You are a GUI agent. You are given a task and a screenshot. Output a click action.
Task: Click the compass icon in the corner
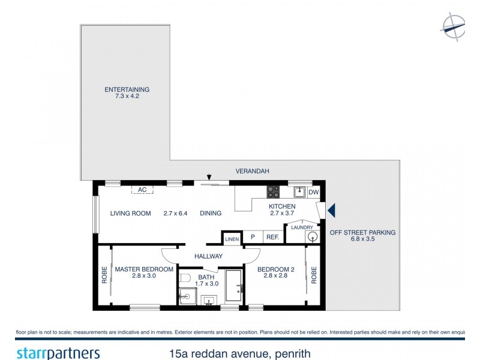tap(453, 26)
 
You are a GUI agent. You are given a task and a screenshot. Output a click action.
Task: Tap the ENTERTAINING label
tap(127, 89)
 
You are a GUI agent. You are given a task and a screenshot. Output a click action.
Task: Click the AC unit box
tap(142, 190)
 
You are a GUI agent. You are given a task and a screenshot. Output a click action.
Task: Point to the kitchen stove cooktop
tap(272, 192)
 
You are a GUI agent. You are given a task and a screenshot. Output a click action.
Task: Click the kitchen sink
tap(298, 193)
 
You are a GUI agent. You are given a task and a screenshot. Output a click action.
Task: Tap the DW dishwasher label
tap(313, 193)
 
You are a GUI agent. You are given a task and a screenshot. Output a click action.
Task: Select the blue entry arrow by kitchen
tap(330, 211)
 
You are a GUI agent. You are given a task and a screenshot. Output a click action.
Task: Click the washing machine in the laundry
tap(313, 236)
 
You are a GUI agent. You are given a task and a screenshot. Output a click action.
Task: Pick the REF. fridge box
tap(273, 238)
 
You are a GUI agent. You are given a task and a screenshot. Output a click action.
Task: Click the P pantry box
tap(253, 238)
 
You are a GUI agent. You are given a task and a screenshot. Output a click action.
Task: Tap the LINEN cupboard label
tap(232, 239)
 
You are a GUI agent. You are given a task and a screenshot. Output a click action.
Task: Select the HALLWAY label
tap(208, 256)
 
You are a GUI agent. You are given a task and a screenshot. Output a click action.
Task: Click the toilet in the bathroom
tap(185, 278)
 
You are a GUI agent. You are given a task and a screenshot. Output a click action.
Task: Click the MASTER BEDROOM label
tap(144, 269)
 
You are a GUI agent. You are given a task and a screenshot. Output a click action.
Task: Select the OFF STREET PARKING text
tap(362, 232)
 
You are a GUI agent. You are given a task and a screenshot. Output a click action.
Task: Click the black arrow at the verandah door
tap(209, 177)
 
